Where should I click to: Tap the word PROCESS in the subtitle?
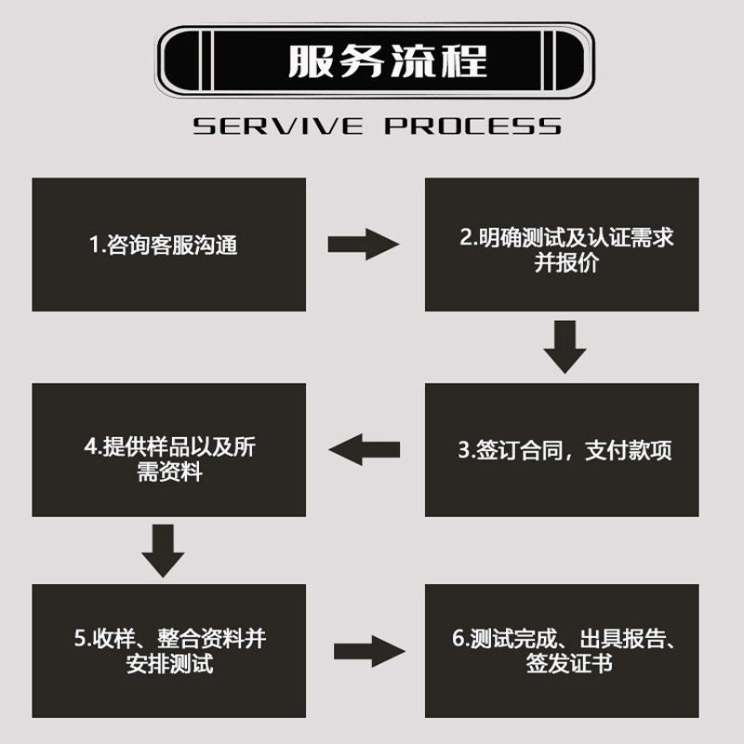pyautogui.click(x=472, y=126)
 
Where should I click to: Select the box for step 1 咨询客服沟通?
pyautogui.click(x=168, y=245)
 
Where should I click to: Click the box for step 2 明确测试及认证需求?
pyautogui.click(x=562, y=245)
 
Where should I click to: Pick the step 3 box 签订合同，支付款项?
pyautogui.click(x=562, y=450)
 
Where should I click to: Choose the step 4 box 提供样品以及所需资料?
pyautogui.click(x=168, y=450)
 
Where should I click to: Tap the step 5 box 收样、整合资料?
pyautogui.click(x=168, y=650)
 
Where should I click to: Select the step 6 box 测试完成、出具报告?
pyautogui.click(x=562, y=650)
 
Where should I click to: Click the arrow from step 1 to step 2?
pyautogui.click(x=363, y=245)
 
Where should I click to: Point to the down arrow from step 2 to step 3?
pyautogui.click(x=565, y=347)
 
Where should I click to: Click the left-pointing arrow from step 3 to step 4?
pyautogui.click(x=365, y=450)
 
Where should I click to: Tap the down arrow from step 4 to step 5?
pyautogui.click(x=163, y=551)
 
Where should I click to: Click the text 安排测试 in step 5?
pyautogui.click(x=169, y=665)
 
